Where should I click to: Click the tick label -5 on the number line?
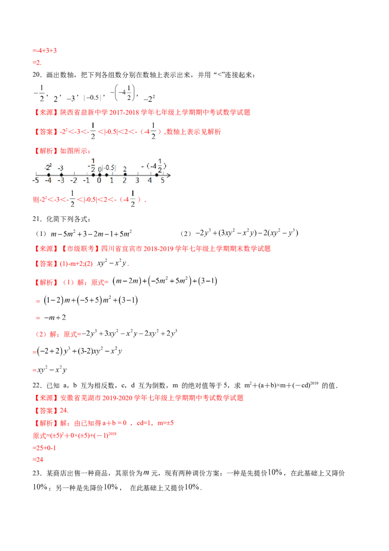35,181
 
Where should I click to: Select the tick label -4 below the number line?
48,181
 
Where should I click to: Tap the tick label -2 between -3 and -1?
73,181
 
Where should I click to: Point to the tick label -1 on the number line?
86,181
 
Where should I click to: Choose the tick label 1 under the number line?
112,181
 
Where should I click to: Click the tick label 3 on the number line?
138,181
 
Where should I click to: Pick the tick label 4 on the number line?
150,181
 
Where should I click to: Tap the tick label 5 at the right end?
163,181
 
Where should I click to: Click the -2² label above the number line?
48,167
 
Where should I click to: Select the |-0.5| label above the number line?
108,168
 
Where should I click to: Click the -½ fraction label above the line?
92,165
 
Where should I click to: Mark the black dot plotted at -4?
49,174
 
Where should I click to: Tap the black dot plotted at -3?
61,174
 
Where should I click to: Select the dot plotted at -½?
93,174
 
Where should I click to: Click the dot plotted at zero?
100,174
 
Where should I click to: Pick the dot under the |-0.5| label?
106,174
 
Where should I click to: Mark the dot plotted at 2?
125,174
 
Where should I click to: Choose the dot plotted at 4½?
157,174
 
